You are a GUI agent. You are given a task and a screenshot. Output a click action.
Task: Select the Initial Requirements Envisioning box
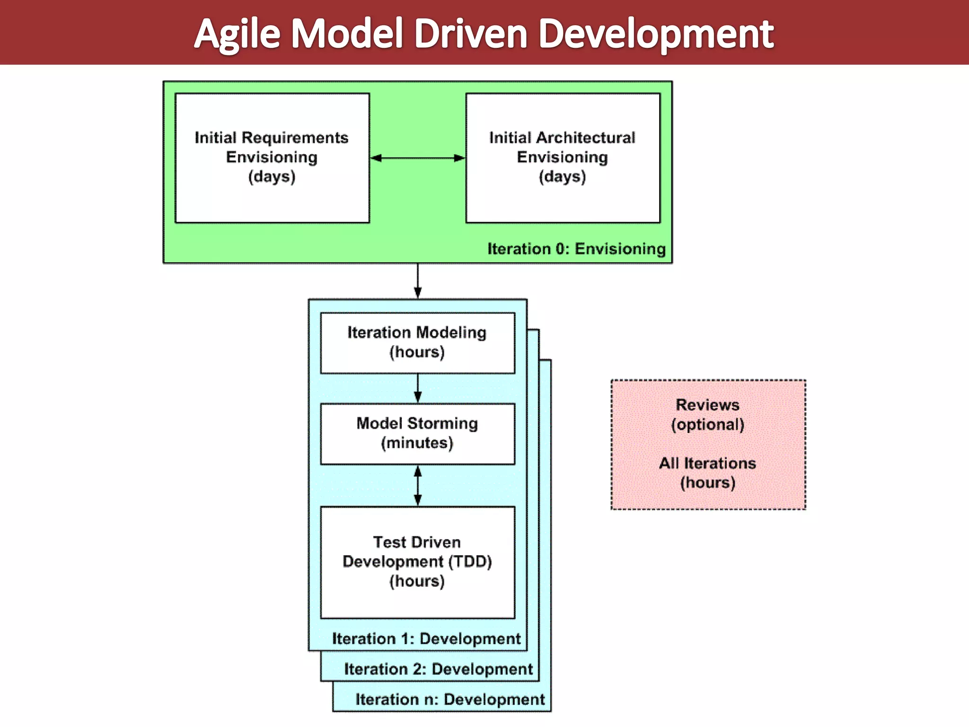point(272,158)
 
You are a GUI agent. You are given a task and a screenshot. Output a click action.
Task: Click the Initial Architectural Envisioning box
point(563,158)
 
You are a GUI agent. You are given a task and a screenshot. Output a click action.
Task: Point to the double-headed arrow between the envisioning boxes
point(417,158)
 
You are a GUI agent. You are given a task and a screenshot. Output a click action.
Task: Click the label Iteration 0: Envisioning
point(576,249)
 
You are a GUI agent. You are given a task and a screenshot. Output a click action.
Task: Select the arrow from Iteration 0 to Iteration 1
point(417,281)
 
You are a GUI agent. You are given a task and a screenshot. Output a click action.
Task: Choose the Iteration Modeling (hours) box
point(417,343)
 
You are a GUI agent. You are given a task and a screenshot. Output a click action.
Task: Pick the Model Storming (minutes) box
point(417,434)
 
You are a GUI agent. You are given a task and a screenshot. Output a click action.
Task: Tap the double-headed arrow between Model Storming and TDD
point(417,486)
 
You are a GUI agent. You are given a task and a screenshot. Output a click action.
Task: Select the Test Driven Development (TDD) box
point(417,562)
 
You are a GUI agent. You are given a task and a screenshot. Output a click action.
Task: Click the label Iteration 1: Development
point(426,639)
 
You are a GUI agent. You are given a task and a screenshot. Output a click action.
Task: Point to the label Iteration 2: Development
point(438,669)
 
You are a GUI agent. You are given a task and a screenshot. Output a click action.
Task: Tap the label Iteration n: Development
point(450,700)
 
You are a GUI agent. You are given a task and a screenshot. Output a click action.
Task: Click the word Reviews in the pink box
point(707,405)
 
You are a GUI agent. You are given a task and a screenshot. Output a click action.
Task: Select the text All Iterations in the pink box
point(707,463)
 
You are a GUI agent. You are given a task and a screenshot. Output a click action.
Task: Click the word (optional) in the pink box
point(707,425)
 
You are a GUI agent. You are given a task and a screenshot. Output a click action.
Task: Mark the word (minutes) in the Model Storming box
point(417,443)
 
